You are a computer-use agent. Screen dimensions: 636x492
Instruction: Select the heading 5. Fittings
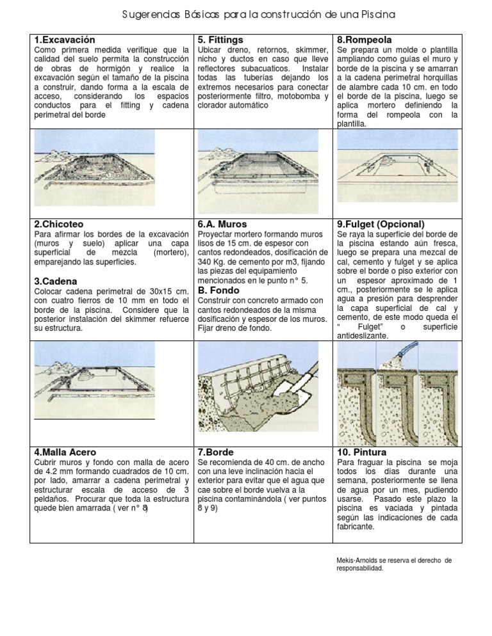coord(220,40)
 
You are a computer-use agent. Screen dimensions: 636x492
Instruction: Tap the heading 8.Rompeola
coord(364,40)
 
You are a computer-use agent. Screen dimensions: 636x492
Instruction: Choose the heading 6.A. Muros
coord(222,224)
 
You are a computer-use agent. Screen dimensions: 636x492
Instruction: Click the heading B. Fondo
coord(220,290)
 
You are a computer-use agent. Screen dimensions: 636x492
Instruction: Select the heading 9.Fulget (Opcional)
coord(381,224)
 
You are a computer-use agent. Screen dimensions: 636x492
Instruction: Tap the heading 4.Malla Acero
coord(65,452)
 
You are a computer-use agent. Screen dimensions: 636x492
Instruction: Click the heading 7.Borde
coord(215,452)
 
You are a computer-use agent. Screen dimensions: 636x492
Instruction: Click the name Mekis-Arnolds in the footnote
coord(356,560)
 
